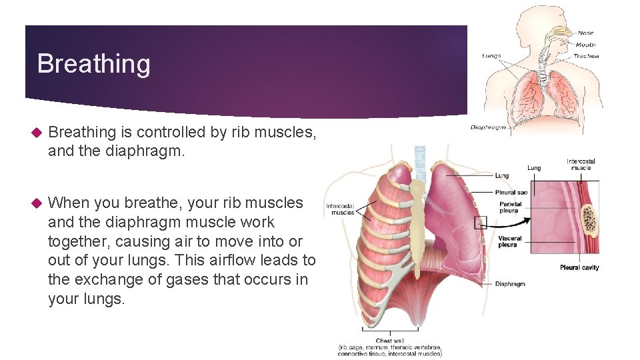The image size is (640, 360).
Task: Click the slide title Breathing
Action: [93, 64]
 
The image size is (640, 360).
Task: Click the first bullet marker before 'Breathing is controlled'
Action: [37, 133]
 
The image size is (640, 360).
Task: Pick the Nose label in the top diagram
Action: [585, 33]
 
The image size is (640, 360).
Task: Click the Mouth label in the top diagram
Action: [587, 45]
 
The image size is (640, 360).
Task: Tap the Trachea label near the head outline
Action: [586, 56]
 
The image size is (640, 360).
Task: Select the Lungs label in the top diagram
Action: [491, 55]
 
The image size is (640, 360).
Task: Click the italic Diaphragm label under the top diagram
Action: [488, 127]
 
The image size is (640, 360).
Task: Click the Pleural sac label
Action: [511, 192]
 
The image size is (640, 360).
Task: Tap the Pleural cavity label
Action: [579, 267]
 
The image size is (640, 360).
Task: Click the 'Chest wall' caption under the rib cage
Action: [389, 341]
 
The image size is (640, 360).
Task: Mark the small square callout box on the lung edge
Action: [481, 223]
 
